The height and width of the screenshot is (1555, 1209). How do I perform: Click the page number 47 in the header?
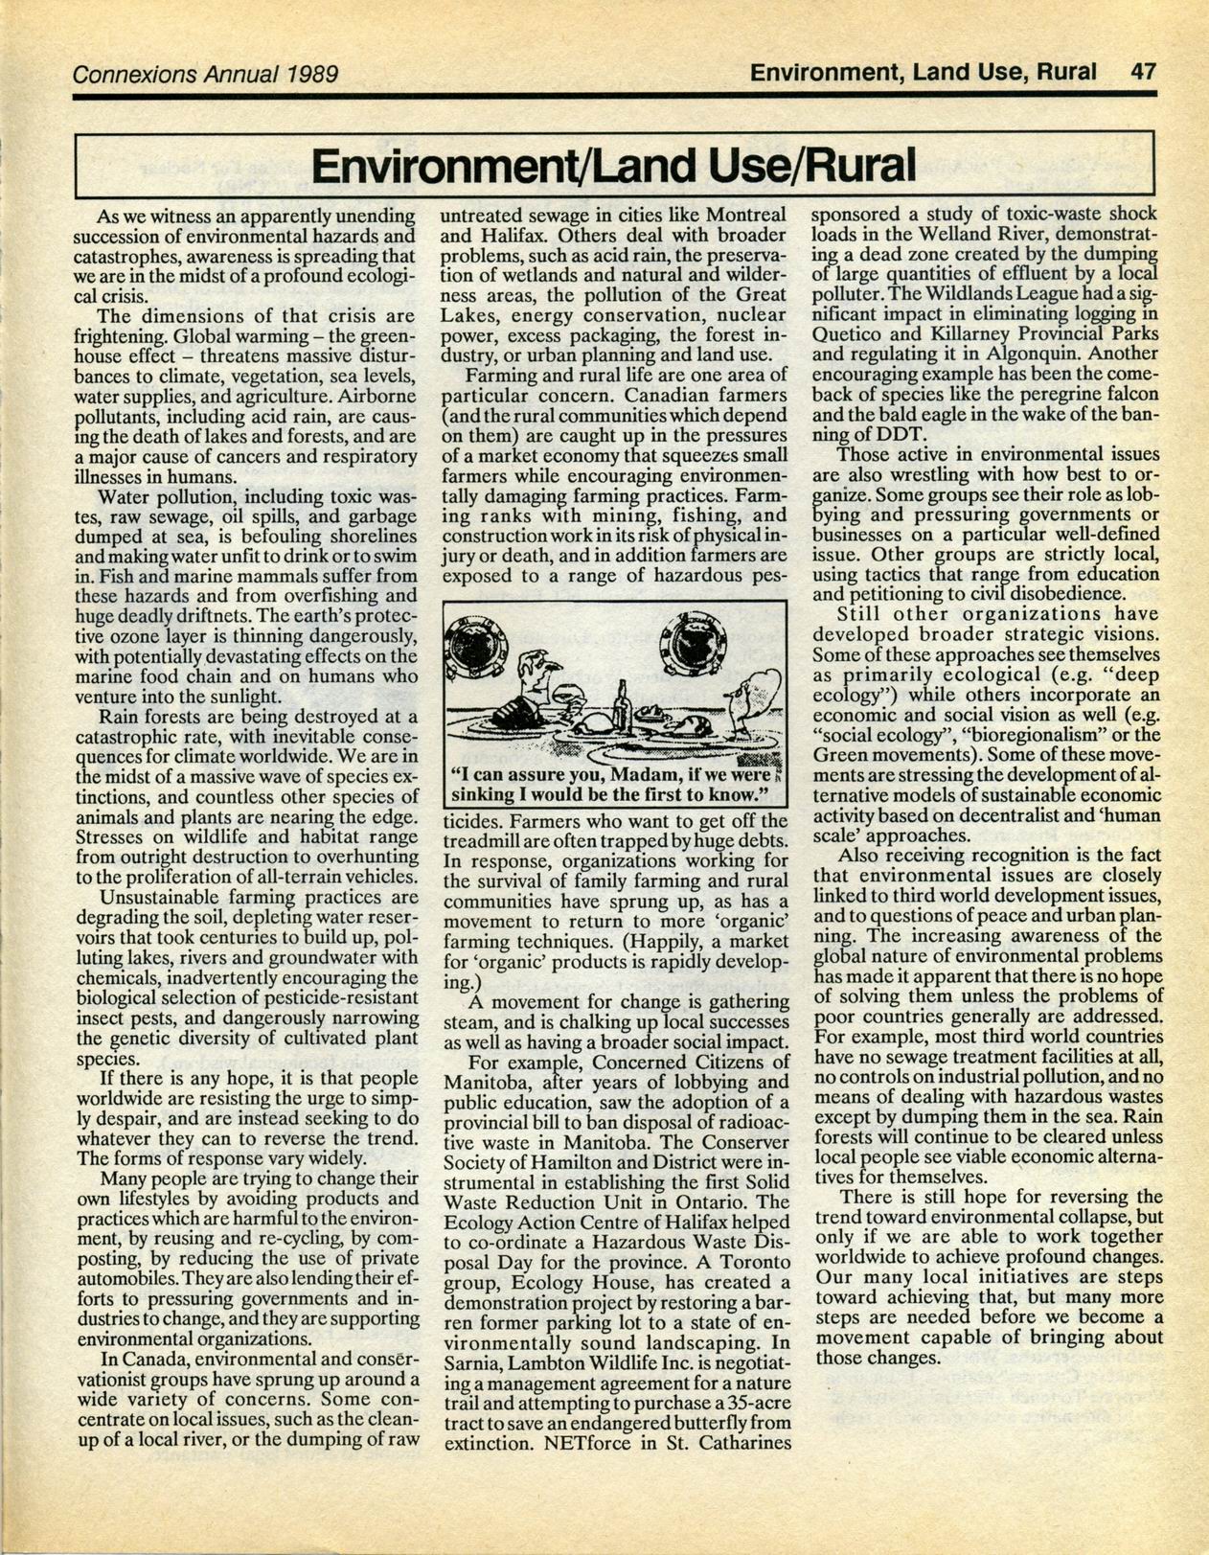point(1143,72)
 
